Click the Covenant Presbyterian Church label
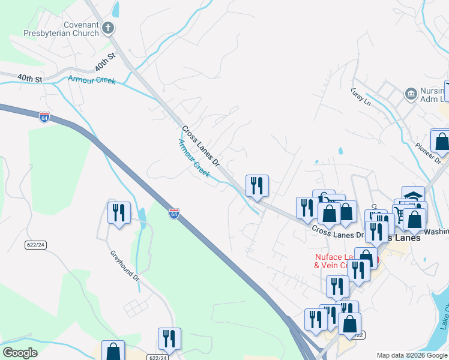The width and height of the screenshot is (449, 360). coord(61,29)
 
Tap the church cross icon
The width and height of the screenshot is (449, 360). coord(108,28)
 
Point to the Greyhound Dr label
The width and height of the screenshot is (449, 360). coord(124,266)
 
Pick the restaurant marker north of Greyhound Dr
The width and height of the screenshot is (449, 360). coord(119,212)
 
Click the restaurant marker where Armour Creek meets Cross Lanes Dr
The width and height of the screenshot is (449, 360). coord(257,185)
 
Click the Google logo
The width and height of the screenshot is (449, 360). coord(20,353)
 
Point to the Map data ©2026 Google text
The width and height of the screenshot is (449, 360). coord(412,355)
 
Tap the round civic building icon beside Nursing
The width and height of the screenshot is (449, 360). coord(411,93)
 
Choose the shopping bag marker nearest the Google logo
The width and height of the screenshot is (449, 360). coord(113,350)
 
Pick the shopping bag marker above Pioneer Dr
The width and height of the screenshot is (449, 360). coord(441,141)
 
